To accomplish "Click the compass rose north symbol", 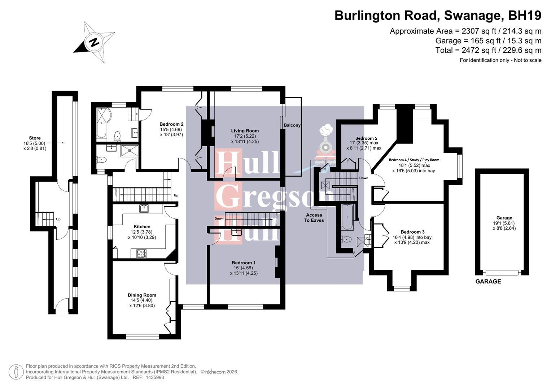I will click(94, 42).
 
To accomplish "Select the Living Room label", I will click(245, 131).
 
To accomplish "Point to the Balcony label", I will click(292, 125).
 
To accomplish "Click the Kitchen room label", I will click(142, 227).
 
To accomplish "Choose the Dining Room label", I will click(142, 295).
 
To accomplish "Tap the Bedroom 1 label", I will click(244, 263).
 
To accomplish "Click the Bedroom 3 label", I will click(412, 232).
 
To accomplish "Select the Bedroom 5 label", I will click(366, 138).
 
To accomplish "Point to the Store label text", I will click(35, 138).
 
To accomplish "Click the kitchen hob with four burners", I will click(141, 253).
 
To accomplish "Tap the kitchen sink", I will click(144, 208).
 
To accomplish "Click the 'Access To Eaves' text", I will click(314, 217).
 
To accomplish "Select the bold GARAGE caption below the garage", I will click(488, 281).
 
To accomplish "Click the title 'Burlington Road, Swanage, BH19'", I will click(438, 16).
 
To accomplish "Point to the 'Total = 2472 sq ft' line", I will click(488, 50).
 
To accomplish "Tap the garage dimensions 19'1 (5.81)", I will click(504, 223).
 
